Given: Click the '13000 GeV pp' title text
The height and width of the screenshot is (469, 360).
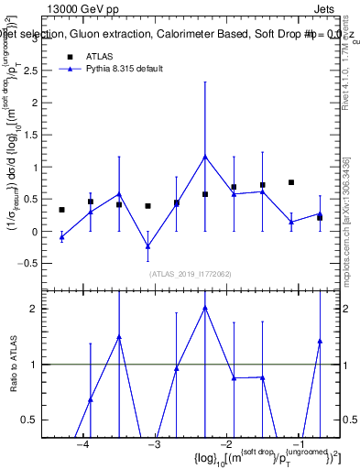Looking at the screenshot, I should [81, 7].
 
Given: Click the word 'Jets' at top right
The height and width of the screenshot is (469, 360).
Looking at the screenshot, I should [325, 7].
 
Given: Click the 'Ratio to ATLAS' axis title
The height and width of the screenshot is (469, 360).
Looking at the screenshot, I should [16, 365].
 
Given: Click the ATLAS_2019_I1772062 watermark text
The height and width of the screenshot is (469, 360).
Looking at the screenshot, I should [191, 273].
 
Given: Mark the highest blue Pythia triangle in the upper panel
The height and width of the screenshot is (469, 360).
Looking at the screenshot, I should [205, 157].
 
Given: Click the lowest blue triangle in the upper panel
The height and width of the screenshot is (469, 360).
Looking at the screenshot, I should [147, 246].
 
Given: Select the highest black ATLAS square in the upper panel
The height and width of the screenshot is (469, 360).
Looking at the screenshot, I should [291, 182].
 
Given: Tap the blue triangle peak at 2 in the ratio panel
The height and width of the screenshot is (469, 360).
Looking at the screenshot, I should [205, 308].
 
